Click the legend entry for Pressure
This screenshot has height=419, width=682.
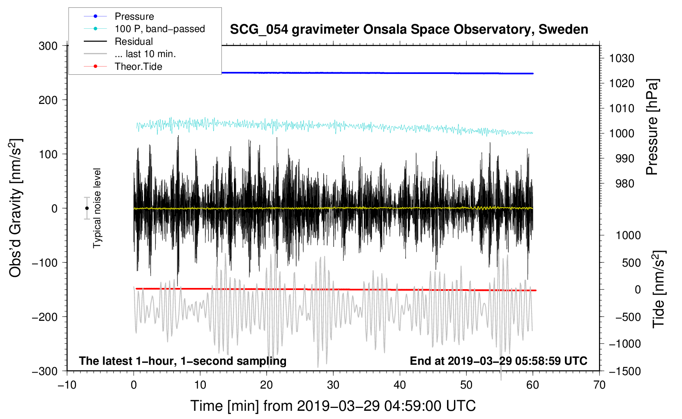134,16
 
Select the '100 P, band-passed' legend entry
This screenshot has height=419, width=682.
159,29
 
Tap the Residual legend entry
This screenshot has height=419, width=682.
134,41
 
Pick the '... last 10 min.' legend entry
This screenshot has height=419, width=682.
145,54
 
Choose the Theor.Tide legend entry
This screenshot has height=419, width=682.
138,67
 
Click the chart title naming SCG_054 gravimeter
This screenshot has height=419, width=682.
409,30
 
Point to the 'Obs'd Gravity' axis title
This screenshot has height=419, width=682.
16,208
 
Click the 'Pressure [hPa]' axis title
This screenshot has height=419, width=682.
652,127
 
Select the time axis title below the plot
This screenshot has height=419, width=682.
333,406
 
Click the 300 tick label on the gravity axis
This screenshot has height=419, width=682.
48,46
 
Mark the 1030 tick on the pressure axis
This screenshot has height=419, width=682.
622,58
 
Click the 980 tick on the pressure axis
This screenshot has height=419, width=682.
624,184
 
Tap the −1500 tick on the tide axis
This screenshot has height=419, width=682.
624,371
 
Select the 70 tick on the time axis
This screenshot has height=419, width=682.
599,385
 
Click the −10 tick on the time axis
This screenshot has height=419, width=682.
67,385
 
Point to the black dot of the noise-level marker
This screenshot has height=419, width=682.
87,208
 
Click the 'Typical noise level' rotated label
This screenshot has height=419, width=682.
97,208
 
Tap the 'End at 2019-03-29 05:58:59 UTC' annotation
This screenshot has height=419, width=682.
498,361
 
